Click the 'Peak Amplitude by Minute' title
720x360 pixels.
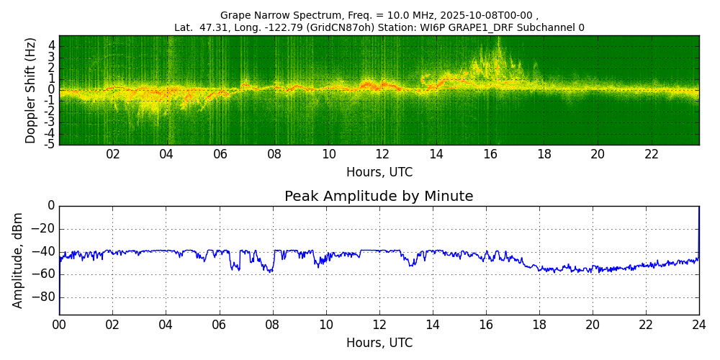(x=379, y=197)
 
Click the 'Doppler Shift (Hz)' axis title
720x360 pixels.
(x=31, y=90)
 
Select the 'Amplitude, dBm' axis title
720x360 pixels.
(x=19, y=260)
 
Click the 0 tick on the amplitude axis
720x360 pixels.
(x=51, y=206)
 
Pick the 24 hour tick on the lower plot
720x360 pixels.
(x=699, y=324)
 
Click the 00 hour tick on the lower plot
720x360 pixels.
(x=59, y=324)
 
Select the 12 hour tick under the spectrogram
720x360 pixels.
(x=382, y=154)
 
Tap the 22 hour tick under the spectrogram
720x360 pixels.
(x=652, y=154)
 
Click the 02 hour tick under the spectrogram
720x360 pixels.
(x=113, y=154)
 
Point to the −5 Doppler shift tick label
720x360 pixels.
(x=50, y=144)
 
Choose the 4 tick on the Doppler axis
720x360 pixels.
(x=52, y=45)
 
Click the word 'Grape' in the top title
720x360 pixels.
(x=235, y=15)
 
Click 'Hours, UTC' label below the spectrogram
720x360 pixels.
(x=379, y=173)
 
